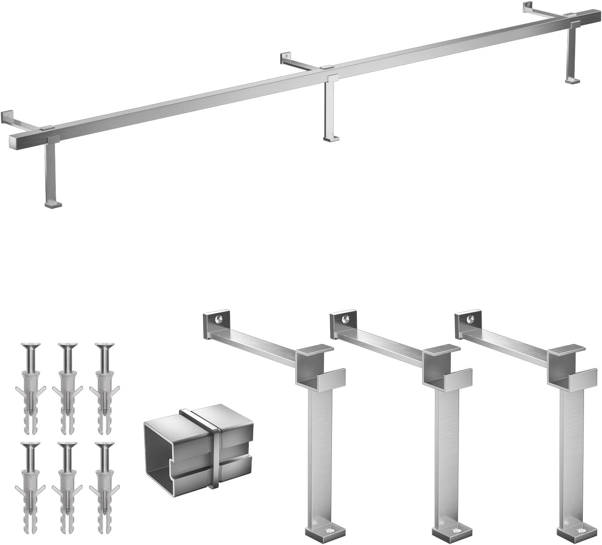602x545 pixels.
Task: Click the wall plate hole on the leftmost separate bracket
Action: click(218, 319)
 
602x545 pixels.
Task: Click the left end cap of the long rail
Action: click(14, 142)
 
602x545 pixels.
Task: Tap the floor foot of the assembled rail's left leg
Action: click(53, 205)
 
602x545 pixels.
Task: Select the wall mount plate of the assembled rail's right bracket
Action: click(528, 7)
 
